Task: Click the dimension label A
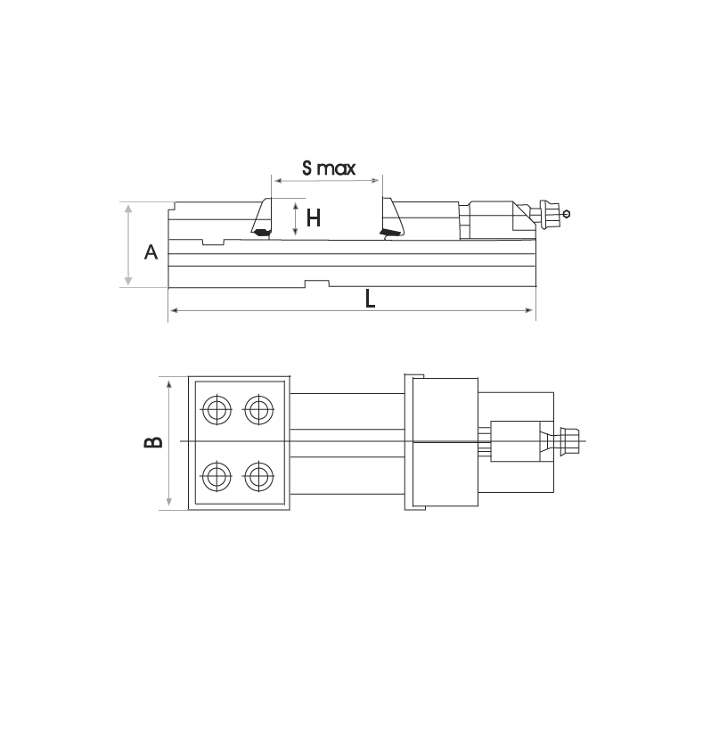(x=151, y=253)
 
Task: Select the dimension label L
(x=370, y=299)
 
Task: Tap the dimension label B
(x=153, y=442)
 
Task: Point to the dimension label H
(x=313, y=218)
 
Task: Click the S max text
(x=328, y=168)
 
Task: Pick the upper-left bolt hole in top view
(x=217, y=410)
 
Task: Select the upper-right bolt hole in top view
(x=259, y=410)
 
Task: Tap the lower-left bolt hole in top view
(x=217, y=474)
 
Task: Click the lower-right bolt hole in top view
(x=259, y=474)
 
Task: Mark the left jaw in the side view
(x=263, y=218)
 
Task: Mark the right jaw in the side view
(x=390, y=218)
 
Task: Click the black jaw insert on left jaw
(x=261, y=234)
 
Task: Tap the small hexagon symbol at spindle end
(x=568, y=213)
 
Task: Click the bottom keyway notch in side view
(x=316, y=283)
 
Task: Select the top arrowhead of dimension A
(x=129, y=208)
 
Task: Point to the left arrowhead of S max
(x=276, y=181)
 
